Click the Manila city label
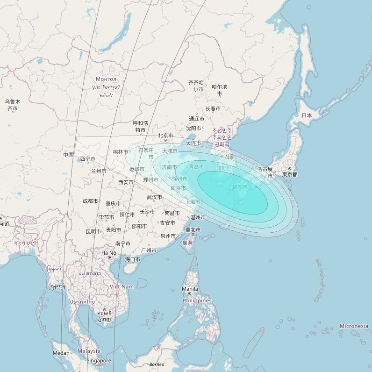(x=190, y=289)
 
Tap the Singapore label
(x=99, y=361)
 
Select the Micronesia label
(x=354, y=326)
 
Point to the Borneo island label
(x=157, y=364)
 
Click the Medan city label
(x=61, y=353)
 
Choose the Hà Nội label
(x=109, y=253)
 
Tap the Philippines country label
(x=197, y=300)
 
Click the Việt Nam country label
(x=122, y=286)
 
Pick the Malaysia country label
(x=89, y=351)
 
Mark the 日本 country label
(x=307, y=115)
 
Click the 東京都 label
(x=289, y=174)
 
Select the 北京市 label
(x=165, y=136)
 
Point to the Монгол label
(x=106, y=79)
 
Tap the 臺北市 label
(x=193, y=229)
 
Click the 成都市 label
(x=90, y=201)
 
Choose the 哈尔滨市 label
(x=219, y=90)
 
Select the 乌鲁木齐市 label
(x=13, y=105)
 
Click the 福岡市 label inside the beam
(x=240, y=187)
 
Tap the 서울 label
(x=229, y=157)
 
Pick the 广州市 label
(x=149, y=250)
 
